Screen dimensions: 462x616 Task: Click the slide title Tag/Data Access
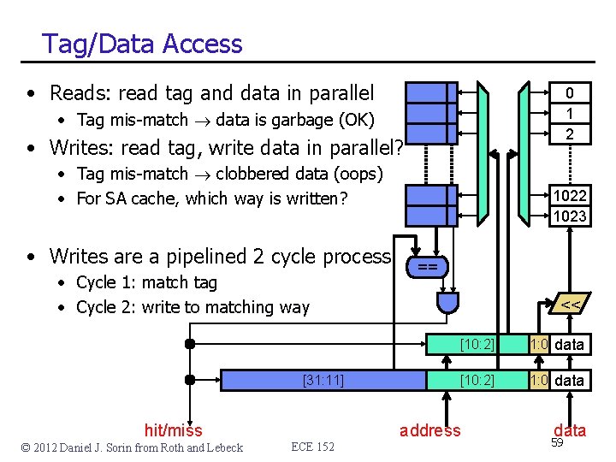tap(142, 44)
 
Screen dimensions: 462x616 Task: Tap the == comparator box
tap(428, 267)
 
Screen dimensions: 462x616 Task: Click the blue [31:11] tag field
tap(324, 380)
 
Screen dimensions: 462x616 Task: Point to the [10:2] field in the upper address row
tap(477, 345)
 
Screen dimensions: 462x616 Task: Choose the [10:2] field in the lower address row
tap(477, 380)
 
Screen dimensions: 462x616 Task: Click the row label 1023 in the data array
tap(570, 216)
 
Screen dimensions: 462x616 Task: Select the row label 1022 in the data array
tap(570, 196)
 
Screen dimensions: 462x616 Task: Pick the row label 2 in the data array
tap(570, 133)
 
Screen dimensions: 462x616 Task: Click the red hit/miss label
tap(174, 430)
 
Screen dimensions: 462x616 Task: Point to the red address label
tap(429, 430)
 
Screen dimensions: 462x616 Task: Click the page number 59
tap(557, 443)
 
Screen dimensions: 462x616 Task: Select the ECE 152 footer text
tap(313, 447)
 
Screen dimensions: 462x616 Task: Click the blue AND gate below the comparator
tap(447, 302)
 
